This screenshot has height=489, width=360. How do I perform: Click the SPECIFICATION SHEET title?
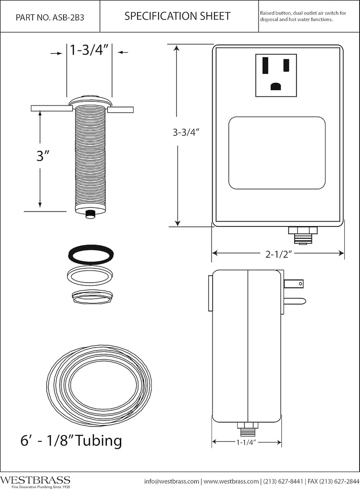pos(177,16)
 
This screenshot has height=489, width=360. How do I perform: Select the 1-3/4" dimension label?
pos(89,50)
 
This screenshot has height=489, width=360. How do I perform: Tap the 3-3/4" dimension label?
pos(186,133)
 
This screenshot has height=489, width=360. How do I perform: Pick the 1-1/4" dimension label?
pos(246,443)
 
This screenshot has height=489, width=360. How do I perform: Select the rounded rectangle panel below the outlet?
pos(277,153)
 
